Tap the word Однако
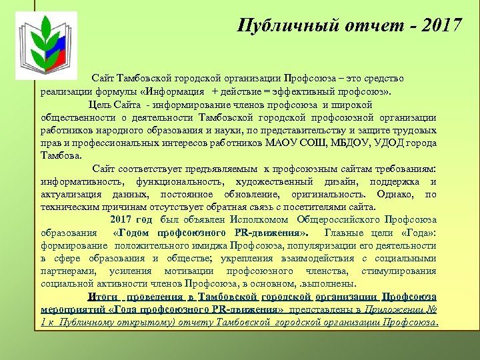(x=394, y=195)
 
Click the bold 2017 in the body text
(x=121, y=219)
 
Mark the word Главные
(x=345, y=233)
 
